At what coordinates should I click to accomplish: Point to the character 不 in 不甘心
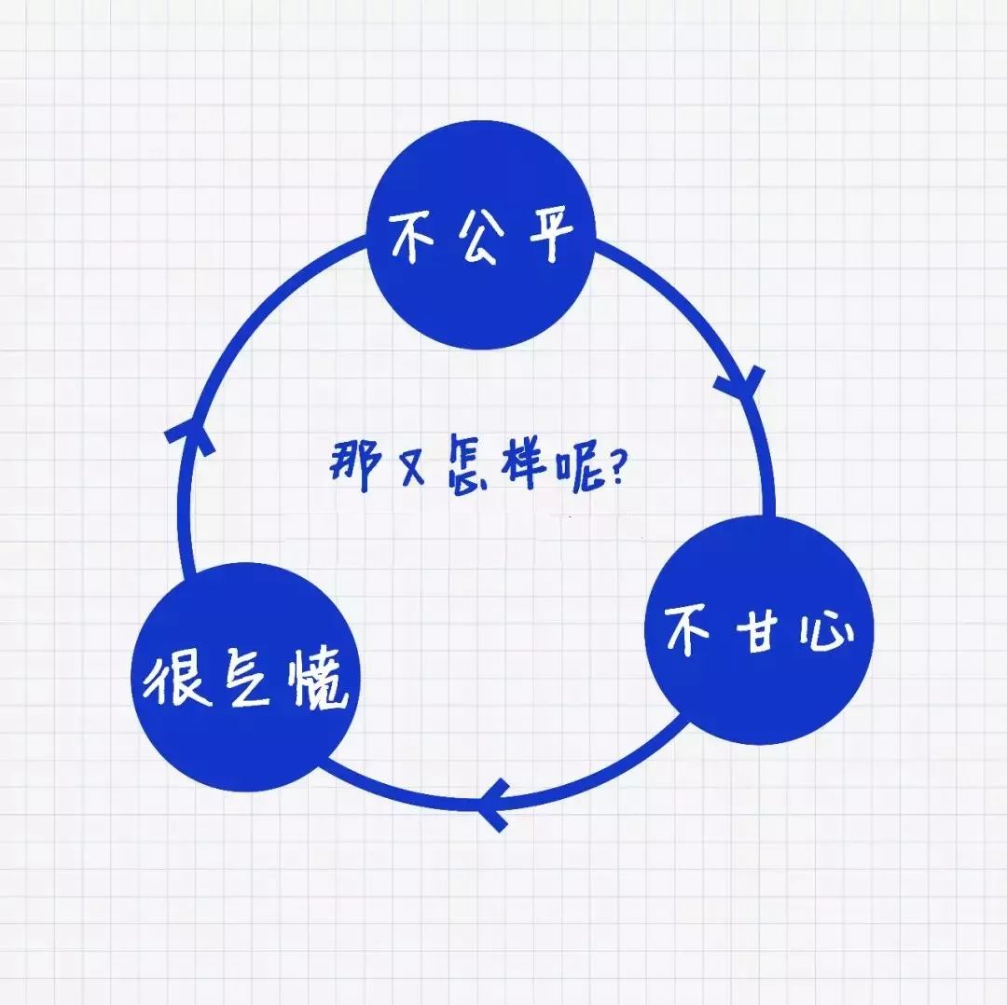pos(686,629)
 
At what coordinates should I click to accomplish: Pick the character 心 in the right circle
pos(826,632)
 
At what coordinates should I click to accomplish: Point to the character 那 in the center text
pos(356,465)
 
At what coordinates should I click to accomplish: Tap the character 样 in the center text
pos(524,463)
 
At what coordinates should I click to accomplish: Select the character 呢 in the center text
pos(580,470)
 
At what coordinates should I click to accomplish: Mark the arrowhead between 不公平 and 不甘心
pos(742,383)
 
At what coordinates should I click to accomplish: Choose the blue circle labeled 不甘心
pos(759,630)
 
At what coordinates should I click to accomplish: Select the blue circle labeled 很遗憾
pos(245,677)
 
